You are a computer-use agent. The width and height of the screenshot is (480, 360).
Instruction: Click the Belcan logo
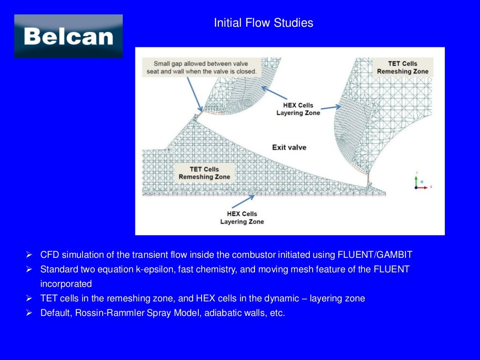68,36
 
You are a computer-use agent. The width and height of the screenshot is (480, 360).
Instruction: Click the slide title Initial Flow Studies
263,23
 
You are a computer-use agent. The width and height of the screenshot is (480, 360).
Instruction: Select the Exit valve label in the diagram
289,147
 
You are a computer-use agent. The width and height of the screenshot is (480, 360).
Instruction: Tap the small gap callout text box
201,67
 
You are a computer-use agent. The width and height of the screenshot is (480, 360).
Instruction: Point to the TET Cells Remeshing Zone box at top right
403,67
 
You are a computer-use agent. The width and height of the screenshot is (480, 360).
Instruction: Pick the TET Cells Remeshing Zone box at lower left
204,173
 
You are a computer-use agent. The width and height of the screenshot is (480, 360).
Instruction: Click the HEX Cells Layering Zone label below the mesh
242,218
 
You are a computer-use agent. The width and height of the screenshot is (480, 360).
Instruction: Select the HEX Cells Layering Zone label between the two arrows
298,109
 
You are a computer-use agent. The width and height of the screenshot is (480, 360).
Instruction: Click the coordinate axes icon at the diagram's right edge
420,182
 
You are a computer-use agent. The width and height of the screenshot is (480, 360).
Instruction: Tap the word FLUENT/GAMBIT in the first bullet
375,255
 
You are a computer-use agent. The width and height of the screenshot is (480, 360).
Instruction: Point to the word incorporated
66,284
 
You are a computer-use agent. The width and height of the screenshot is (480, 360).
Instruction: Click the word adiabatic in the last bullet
224,313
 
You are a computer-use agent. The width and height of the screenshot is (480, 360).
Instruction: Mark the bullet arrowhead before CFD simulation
29,255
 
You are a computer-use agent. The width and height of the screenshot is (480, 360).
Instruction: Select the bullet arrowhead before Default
29,313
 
